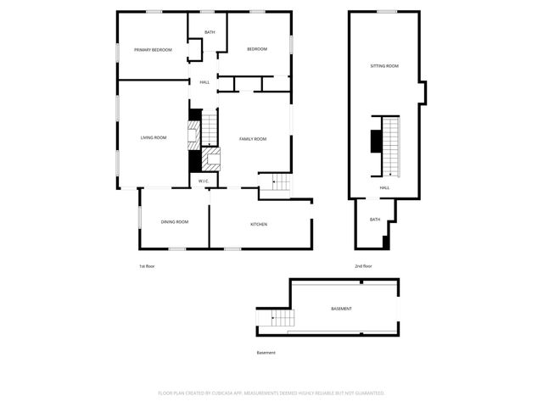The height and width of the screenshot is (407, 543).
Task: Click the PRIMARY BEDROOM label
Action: coord(153,50)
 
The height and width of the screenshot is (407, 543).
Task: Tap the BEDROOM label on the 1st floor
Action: coord(257,49)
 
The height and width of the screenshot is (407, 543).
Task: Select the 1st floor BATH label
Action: coord(210,32)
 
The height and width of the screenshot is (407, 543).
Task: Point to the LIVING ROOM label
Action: coord(154,137)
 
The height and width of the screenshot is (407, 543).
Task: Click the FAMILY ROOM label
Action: coord(253,138)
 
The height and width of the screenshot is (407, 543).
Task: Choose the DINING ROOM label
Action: coord(175,222)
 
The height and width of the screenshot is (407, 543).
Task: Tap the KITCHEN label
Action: coord(259,224)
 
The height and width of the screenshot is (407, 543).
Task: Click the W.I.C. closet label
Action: coord(204,181)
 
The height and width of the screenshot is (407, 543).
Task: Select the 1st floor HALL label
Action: coord(204,82)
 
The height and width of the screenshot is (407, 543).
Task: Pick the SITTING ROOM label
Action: coord(384,65)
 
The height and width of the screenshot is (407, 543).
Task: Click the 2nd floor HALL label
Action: coord(384,187)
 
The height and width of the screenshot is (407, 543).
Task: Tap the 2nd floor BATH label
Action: coord(375,220)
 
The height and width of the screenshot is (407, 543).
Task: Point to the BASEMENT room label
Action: coord(341,309)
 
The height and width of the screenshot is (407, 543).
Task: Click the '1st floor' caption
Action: coord(147,266)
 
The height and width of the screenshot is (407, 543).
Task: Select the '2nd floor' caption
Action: coord(363,266)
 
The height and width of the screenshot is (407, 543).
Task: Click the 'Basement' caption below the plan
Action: coord(266,353)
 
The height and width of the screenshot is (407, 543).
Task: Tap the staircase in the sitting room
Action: coord(390,144)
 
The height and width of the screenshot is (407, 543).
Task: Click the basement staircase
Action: coord(281,319)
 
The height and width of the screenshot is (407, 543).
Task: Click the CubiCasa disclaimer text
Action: coord(271,393)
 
